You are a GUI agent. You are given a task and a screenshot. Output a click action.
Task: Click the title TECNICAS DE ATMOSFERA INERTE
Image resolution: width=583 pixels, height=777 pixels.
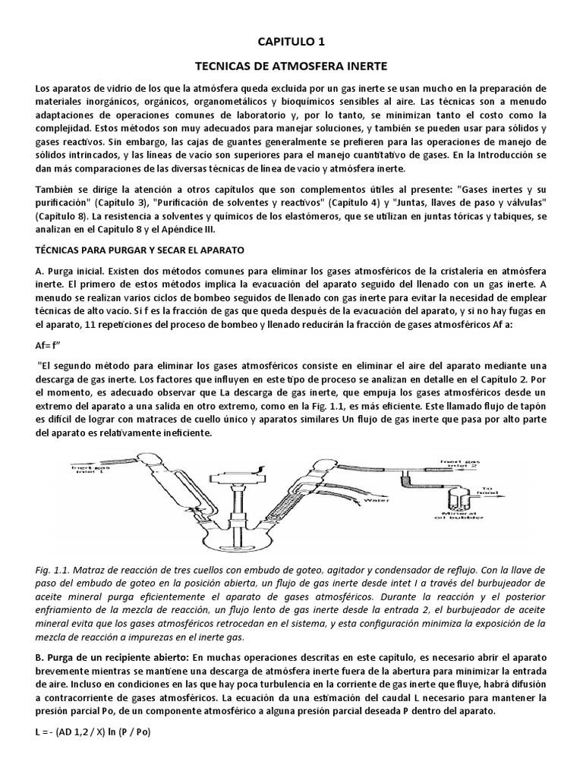(x=291, y=66)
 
